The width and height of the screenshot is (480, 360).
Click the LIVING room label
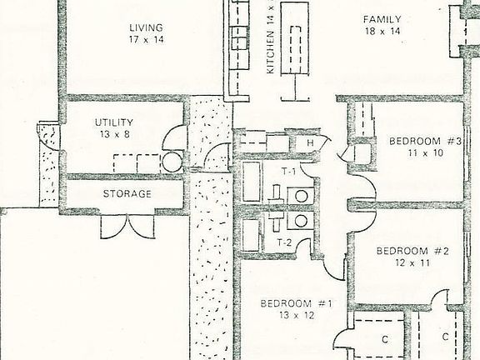146,27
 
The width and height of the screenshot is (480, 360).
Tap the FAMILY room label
382,20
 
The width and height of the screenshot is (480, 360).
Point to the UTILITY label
114,122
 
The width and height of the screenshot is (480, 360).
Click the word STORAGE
127,194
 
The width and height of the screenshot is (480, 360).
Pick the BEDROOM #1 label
297,303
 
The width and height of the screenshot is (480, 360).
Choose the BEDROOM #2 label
412,251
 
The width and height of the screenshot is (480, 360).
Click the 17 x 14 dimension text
147,39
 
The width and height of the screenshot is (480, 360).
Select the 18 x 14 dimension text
382,31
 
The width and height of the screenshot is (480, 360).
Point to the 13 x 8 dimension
115,134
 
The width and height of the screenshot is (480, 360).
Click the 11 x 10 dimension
426,152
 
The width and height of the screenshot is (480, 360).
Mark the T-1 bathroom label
288,172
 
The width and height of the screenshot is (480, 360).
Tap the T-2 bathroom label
285,243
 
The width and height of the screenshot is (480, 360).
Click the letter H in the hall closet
310,142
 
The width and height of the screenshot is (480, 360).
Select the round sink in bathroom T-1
301,196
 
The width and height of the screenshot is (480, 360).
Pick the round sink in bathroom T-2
301,220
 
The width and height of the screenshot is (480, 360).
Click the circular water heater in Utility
172,162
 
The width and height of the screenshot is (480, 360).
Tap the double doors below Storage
127,227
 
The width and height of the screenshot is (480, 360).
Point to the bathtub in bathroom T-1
252,182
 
